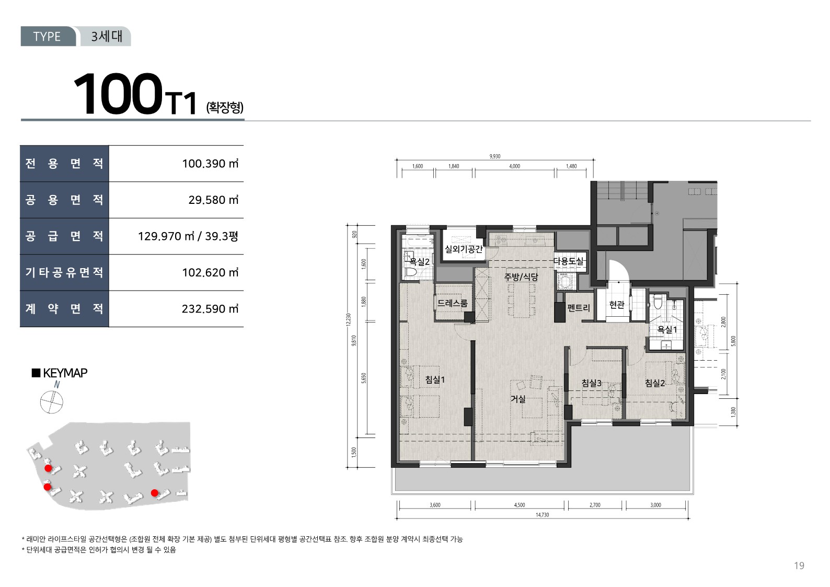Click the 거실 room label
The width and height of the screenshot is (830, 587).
[x=518, y=399]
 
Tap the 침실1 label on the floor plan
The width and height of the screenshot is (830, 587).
[x=435, y=379]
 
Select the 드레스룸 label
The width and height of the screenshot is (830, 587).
[x=453, y=303]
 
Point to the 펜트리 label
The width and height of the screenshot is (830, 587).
[x=579, y=307]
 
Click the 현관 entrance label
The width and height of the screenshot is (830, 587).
[x=617, y=305]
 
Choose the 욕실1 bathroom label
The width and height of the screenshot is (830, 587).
[x=667, y=329]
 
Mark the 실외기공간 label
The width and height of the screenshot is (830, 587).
[x=464, y=249]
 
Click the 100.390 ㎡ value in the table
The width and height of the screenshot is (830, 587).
[x=210, y=164]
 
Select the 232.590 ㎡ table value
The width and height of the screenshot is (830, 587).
[x=210, y=309]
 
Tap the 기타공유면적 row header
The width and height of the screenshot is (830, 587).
[x=64, y=272]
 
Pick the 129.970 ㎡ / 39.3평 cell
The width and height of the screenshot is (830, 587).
[x=188, y=236]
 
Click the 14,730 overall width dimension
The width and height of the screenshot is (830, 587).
[x=543, y=515]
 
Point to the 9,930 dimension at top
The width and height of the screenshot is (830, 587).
[x=494, y=156]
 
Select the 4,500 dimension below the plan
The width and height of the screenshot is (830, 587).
[x=520, y=505]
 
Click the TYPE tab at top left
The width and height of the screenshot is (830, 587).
[x=47, y=36]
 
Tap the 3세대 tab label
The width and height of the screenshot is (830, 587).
[x=107, y=36]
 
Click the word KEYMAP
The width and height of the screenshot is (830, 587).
[x=65, y=373]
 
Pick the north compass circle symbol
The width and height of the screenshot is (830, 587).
[x=52, y=402]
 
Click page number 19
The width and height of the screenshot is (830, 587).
[x=799, y=566]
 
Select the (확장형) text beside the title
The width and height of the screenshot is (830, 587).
[x=225, y=107]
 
